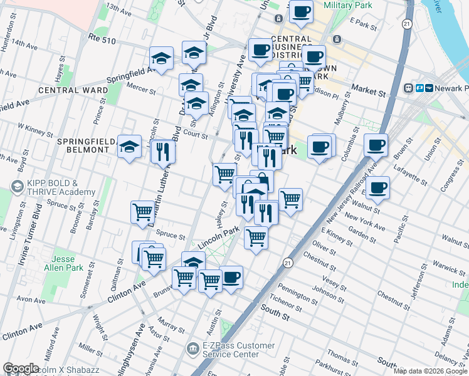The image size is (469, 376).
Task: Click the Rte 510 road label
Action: [102, 39]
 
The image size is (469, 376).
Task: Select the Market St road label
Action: [368, 91]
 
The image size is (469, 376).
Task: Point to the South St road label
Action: [274, 309]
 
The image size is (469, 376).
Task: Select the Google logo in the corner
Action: [21, 368]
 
